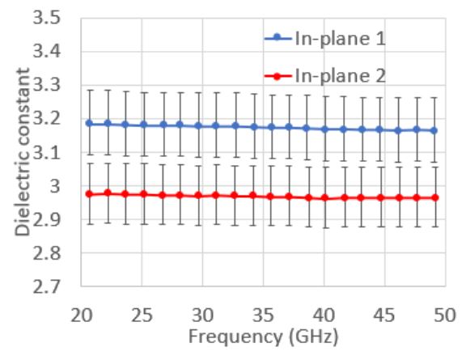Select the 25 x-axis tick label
pos(142,312)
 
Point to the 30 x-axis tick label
pos(203,312)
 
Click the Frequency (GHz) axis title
pos(261,333)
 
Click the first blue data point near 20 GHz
pos(88,123)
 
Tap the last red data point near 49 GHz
pos(435,197)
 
